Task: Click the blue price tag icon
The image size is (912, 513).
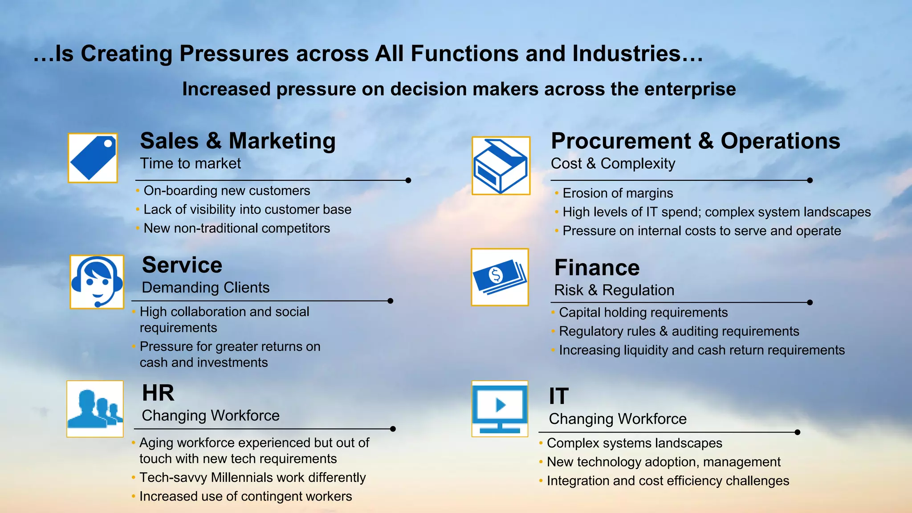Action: [93, 158]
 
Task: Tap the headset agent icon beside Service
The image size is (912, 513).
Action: [97, 281]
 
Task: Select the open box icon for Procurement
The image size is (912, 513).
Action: [501, 166]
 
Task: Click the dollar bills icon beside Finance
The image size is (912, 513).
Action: [500, 277]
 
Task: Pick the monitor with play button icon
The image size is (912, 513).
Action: [500, 408]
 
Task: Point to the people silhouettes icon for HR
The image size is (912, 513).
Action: [95, 408]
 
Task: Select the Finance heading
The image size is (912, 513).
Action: [597, 268]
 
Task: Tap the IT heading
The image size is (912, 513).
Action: [558, 396]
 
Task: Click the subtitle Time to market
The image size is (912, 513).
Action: [190, 163]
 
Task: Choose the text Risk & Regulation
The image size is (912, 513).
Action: [614, 290]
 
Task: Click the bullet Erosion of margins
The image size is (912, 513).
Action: [617, 193]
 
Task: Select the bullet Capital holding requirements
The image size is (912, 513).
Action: [643, 313]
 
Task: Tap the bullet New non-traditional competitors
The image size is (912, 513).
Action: [236, 228]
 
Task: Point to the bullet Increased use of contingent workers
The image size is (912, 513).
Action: [245, 496]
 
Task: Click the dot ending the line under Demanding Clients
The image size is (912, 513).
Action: [390, 301]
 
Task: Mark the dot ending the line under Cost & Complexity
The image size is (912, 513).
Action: [810, 180]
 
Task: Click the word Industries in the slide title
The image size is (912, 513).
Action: [626, 53]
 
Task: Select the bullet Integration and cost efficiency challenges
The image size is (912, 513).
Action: [668, 481]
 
